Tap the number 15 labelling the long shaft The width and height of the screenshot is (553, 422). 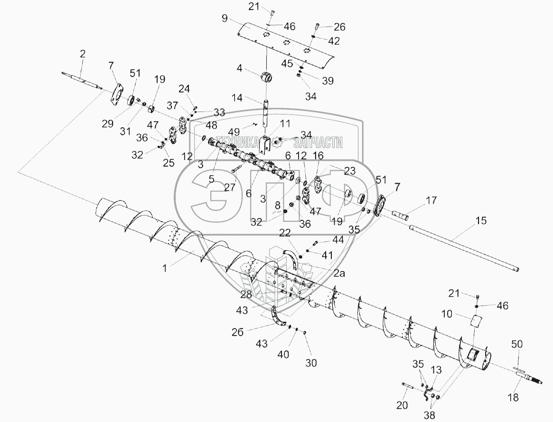click(x=481, y=220)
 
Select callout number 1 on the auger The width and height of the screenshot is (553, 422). click(x=164, y=268)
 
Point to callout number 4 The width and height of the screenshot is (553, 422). click(x=240, y=68)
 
